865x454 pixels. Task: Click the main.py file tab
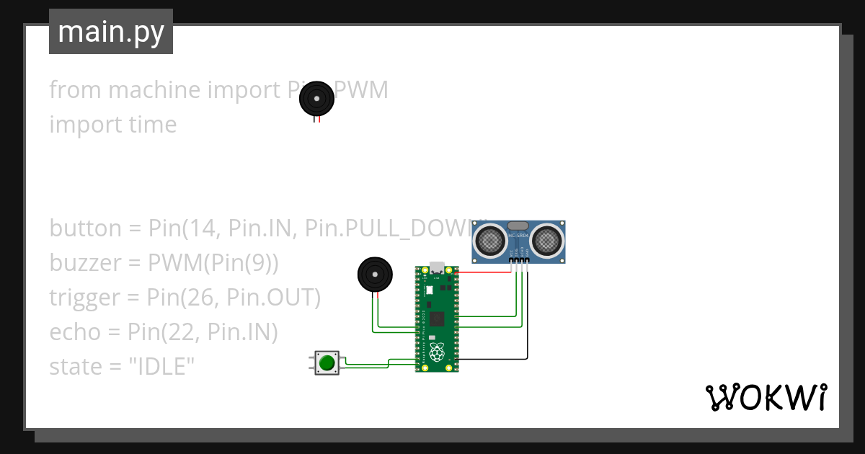click(111, 32)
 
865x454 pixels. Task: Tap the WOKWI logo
click(766, 397)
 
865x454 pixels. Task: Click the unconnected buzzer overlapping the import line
click(317, 99)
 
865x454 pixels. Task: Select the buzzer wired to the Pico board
click(376, 275)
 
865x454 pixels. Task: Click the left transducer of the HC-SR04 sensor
click(492, 240)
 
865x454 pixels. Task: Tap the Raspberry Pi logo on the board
click(437, 352)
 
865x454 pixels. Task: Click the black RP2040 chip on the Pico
click(437, 318)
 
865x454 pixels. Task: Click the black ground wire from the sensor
click(527, 317)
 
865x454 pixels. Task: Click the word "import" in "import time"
click(76, 125)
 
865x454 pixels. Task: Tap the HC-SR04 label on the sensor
click(518, 235)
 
